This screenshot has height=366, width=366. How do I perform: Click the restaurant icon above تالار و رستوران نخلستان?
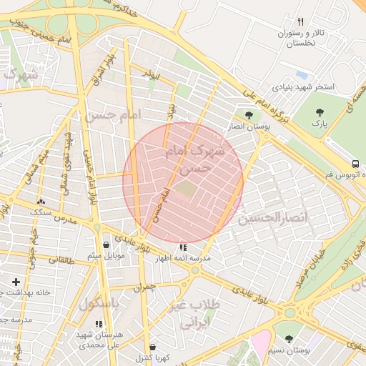pyautogui.click(x=300, y=21)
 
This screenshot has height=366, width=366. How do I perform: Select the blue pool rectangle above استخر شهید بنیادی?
pyautogui.click(x=302, y=74)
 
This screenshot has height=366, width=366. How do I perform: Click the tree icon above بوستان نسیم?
pyautogui.click(x=289, y=340)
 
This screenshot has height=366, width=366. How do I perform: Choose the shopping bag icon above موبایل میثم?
pyautogui.click(x=107, y=244)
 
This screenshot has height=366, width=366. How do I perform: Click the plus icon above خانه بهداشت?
pyautogui.click(x=16, y=282)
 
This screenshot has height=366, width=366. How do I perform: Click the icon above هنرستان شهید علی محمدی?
pyautogui.click(x=99, y=325)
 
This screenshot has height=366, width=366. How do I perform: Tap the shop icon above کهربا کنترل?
pyautogui.click(x=152, y=347)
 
